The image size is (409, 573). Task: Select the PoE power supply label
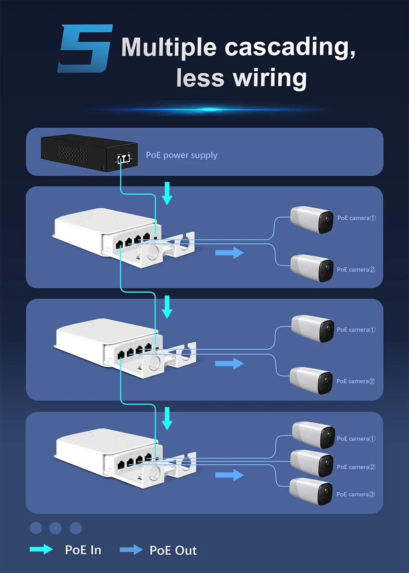(x=182, y=155)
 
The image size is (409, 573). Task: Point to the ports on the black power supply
(x=124, y=159)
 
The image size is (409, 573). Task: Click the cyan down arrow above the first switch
(x=167, y=194)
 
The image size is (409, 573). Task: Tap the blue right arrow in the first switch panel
(x=229, y=253)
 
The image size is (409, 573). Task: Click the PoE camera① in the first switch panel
(x=312, y=219)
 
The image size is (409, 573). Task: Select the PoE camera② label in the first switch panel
(x=356, y=270)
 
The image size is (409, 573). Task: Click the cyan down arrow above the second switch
(x=167, y=307)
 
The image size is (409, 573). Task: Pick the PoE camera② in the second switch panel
(x=311, y=380)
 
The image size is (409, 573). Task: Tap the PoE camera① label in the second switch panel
(x=356, y=330)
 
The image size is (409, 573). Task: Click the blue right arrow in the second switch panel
(x=229, y=363)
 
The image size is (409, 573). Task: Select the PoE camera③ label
(x=355, y=494)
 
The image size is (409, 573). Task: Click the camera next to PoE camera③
(x=311, y=492)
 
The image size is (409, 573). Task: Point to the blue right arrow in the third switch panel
(x=229, y=475)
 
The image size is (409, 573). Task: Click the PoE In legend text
(x=83, y=550)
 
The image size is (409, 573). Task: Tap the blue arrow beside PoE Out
(x=131, y=550)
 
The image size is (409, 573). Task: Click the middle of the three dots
(x=55, y=528)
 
